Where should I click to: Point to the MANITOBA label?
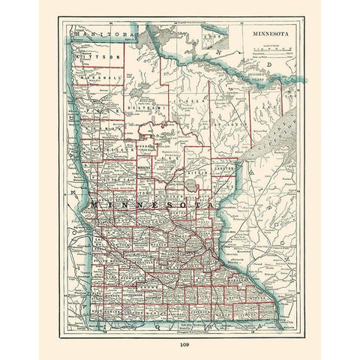[x=94, y=34]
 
